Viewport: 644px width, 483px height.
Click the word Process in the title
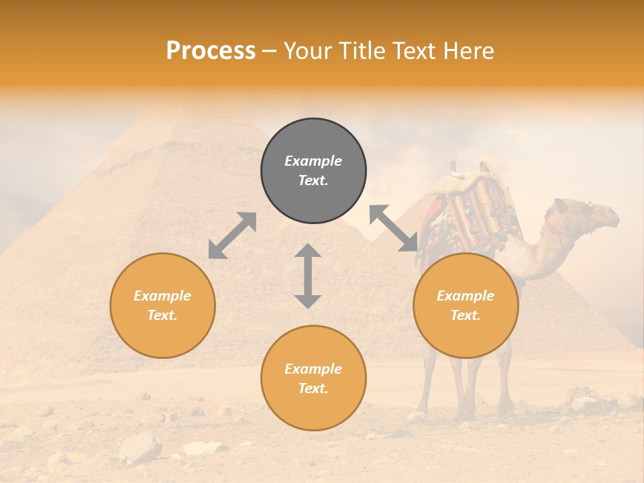[211, 51]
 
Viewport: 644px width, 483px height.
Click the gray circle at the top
[313, 170]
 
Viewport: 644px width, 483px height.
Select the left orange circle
[162, 305]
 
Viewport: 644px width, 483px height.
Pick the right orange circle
[466, 305]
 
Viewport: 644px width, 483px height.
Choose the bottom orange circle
[313, 378]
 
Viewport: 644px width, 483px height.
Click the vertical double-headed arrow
[308, 276]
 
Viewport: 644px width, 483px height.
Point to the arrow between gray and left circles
[232, 235]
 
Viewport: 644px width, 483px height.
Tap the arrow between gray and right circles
[394, 228]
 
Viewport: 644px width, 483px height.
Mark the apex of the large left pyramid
[190, 101]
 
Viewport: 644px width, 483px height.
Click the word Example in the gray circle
[313, 161]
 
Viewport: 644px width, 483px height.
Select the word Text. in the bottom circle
[313, 388]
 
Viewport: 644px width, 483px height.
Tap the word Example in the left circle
[162, 296]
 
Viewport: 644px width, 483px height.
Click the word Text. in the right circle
[466, 315]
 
